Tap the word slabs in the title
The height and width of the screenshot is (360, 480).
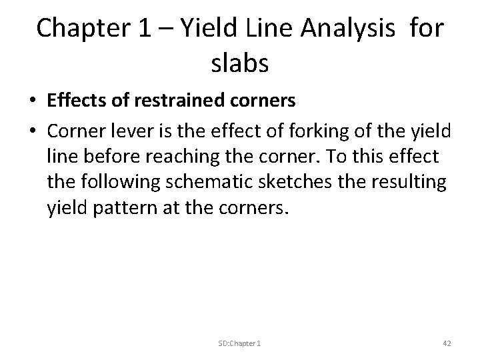point(239,65)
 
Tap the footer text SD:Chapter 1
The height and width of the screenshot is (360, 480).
point(240,343)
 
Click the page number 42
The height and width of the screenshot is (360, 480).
point(447,343)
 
